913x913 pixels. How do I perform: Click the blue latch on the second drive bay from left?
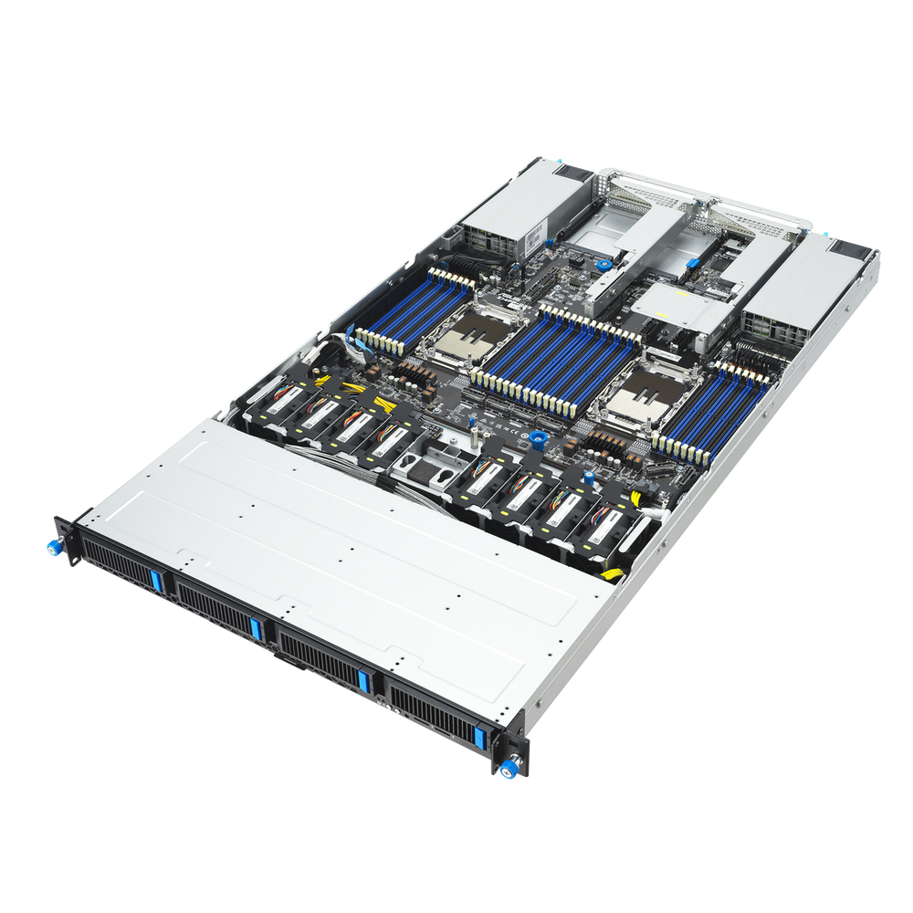pyautogui.click(x=257, y=628)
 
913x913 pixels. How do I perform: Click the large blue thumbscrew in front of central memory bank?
pyautogui.click(x=537, y=439)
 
